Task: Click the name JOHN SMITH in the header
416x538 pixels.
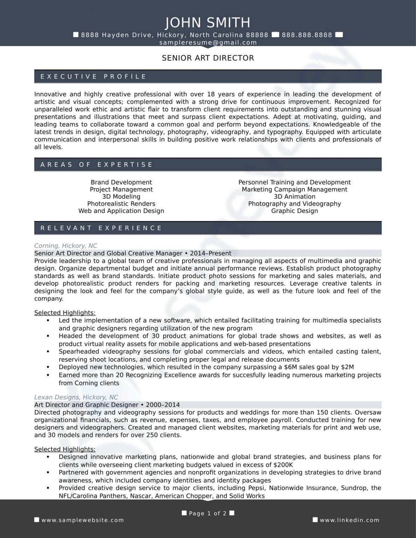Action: click(x=208, y=22)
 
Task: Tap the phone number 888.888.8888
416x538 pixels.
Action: click(x=307, y=35)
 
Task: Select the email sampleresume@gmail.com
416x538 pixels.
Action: click(x=208, y=43)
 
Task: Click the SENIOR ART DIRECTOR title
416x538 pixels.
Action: click(x=208, y=58)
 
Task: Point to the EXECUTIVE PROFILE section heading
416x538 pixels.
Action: click(x=93, y=77)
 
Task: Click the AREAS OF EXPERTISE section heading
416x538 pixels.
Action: click(x=97, y=165)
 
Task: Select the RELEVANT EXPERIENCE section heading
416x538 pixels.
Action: click(x=101, y=228)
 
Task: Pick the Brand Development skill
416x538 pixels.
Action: click(x=121, y=182)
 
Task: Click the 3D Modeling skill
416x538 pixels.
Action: click(x=121, y=197)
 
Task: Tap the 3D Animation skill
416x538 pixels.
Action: click(x=294, y=197)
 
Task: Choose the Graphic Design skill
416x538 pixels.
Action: click(x=294, y=211)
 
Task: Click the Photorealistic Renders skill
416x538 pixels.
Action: click(x=121, y=204)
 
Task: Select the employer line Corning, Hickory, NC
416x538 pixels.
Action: click(x=66, y=246)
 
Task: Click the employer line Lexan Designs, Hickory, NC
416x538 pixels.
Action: click(x=76, y=398)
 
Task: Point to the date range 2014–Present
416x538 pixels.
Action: click(x=210, y=254)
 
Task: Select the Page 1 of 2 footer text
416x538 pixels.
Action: click(x=207, y=513)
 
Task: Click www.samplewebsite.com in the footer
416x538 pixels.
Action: click(x=83, y=520)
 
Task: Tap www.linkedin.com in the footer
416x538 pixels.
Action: click(x=349, y=520)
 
